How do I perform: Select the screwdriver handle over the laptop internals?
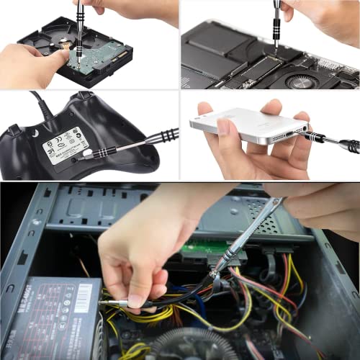pos(278,14)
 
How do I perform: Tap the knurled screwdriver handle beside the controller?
pos(162,136)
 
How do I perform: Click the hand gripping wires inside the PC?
pos(137,252)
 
